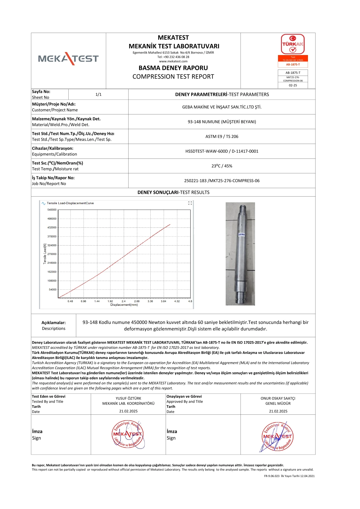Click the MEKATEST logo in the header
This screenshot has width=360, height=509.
coord(68,58)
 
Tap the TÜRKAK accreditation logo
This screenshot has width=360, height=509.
coord(293,44)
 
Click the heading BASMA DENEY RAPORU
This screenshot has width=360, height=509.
coord(173,68)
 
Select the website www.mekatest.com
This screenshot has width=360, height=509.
coord(173,61)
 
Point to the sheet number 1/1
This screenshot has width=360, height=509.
coord(98,94)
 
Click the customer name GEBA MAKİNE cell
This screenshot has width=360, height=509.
coord(222,107)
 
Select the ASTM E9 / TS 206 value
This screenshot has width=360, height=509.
coord(222,136)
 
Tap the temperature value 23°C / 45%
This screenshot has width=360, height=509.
coord(222,166)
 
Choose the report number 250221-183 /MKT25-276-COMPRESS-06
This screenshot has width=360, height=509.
coord(222,181)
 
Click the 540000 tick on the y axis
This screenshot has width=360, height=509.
coord(52,210)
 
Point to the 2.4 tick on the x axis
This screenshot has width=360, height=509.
coord(123,301)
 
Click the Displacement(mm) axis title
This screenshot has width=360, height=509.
coord(124,305)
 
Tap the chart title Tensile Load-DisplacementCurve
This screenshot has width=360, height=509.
coord(70,203)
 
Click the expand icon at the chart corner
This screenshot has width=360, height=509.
coord(190,203)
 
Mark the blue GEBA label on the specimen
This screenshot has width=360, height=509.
coord(241,235)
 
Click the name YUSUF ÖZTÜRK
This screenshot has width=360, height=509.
coord(128,398)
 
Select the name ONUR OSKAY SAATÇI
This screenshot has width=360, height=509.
coord(278,398)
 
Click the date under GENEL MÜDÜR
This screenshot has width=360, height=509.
coord(278,411)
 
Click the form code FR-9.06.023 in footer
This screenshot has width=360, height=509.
coord(272,476)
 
